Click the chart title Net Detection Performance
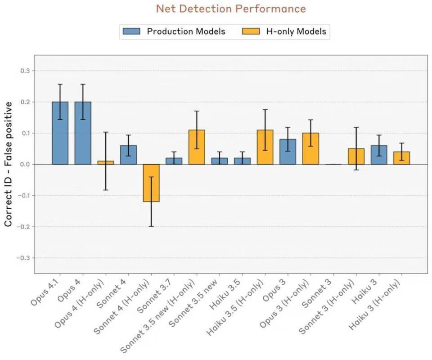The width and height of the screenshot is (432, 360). (231, 9)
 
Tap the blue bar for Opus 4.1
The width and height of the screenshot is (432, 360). (60, 133)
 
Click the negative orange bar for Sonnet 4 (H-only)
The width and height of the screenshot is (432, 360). (151, 183)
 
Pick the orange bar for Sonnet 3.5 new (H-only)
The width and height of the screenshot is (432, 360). (197, 147)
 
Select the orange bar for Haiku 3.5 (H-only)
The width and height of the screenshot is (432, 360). (265, 147)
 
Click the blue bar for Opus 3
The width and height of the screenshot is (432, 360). (288, 152)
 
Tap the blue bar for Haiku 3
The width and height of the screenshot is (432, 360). (379, 155)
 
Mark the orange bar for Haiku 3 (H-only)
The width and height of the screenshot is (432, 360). (401, 158)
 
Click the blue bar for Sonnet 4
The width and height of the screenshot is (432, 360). (128, 155)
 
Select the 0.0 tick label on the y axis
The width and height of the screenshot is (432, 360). (24, 164)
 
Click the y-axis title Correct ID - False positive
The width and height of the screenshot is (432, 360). (9, 164)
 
